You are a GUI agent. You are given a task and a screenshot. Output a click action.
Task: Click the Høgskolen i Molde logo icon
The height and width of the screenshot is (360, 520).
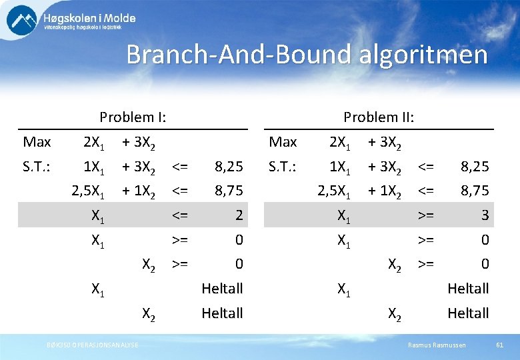tap(22, 21)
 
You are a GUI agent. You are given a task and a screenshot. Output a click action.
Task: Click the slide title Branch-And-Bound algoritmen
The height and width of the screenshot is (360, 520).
tap(307, 55)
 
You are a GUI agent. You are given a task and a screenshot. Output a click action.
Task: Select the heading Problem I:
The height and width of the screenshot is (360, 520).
tap(133, 117)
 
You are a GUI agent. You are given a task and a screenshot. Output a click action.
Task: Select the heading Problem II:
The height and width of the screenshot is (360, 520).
tap(379, 117)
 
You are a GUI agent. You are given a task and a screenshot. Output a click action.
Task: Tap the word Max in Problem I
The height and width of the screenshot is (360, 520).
tap(37, 142)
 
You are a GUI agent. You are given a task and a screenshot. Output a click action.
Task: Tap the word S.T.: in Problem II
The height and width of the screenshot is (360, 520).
tap(282, 166)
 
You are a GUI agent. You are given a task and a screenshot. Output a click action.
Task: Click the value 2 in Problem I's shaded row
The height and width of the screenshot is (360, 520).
tap(238, 215)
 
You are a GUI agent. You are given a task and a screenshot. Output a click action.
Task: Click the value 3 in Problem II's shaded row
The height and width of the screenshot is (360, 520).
tap(485, 215)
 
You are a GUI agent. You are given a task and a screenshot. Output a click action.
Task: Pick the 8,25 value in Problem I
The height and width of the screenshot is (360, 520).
tap(228, 166)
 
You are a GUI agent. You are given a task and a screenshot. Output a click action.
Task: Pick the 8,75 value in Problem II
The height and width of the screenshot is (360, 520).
tap(474, 191)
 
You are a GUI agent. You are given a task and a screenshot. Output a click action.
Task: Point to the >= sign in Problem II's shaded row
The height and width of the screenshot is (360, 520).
tap(426, 215)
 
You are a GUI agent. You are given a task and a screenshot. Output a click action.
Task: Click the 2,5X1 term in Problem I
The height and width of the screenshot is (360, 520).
tap(88, 191)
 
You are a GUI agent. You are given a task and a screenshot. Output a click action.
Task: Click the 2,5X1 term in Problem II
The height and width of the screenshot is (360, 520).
tap(334, 191)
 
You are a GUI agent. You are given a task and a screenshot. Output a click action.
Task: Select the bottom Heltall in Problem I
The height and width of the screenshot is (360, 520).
tap(222, 313)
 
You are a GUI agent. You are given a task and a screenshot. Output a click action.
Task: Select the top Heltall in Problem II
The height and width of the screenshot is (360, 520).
tap(468, 289)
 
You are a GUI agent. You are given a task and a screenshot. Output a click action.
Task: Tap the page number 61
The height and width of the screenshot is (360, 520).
tap(499, 345)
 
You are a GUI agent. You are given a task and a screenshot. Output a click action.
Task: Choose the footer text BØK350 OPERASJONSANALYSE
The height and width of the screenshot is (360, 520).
tap(93, 345)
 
